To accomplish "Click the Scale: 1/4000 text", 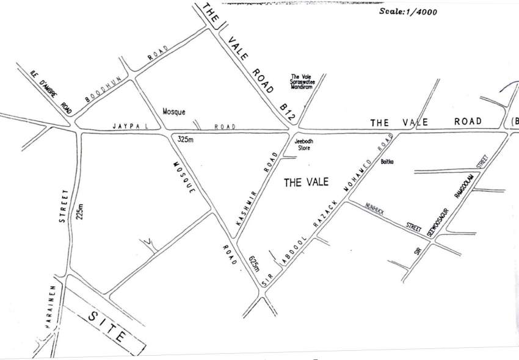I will point(408,11).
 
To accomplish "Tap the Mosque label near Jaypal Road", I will point(174,112).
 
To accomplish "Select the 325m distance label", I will point(185,139).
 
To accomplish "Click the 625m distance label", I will point(254,263).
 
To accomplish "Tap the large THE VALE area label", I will point(307,182).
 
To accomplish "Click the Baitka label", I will point(388,162).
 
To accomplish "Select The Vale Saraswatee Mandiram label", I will point(302,82).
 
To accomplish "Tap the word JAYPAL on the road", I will point(127,126).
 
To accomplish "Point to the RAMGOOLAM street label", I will point(464,185).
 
